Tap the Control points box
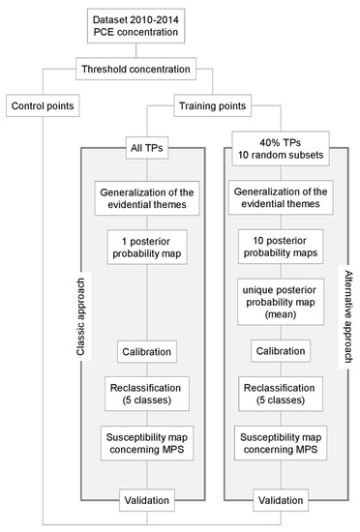coord(45,103)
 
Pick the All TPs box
coord(148,148)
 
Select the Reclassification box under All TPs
coord(148,394)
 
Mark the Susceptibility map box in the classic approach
coord(148,446)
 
